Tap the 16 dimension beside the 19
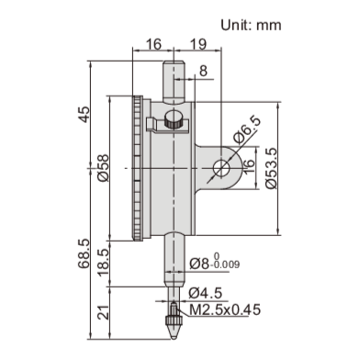[152, 43]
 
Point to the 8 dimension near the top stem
[202, 71]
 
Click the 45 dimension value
[85, 116]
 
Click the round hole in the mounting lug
[221, 167]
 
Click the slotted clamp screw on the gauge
[173, 119]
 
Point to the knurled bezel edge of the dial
[139, 168]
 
